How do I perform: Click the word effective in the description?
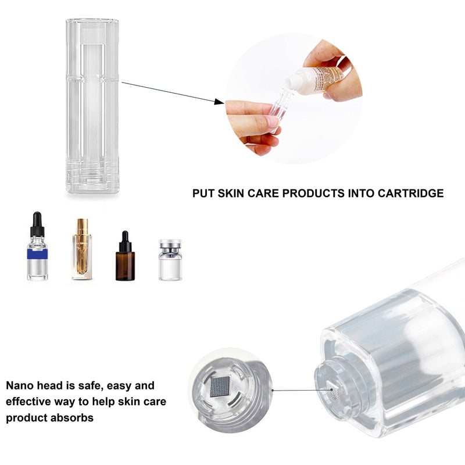(x=30, y=402)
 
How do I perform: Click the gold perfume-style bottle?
(x=82, y=250)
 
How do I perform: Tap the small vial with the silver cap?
(x=170, y=260)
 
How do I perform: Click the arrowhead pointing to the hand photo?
(x=219, y=102)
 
